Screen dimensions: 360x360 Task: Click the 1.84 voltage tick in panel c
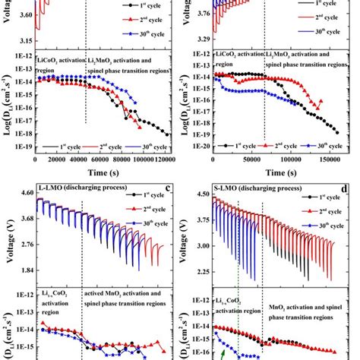[21, 270]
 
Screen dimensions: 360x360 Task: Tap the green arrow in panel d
[223, 353]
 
